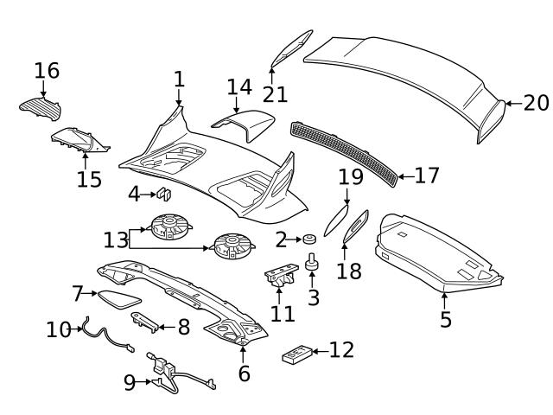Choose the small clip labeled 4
coord(164,193)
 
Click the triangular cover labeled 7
coord(118,298)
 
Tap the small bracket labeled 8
coord(146,323)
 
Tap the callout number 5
coord(445,321)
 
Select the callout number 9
coord(130,382)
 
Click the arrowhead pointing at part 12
coord(316,351)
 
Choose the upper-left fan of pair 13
coord(169,228)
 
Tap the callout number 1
coord(179,80)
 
